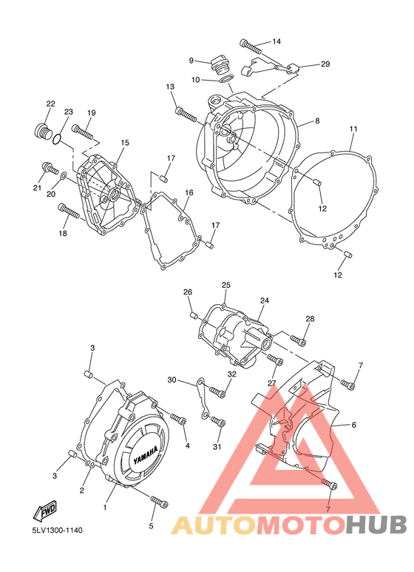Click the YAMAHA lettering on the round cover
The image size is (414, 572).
tap(146, 455)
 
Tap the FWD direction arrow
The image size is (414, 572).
tap(45, 510)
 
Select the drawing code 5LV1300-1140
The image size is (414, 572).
tap(57, 530)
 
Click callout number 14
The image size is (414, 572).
tap(276, 41)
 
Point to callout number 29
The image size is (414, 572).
tap(325, 64)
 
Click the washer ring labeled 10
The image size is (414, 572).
tap(227, 78)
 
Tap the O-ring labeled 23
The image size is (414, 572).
tap(56, 139)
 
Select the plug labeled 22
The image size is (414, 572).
tap(44, 132)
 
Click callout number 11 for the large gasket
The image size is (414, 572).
tap(353, 129)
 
